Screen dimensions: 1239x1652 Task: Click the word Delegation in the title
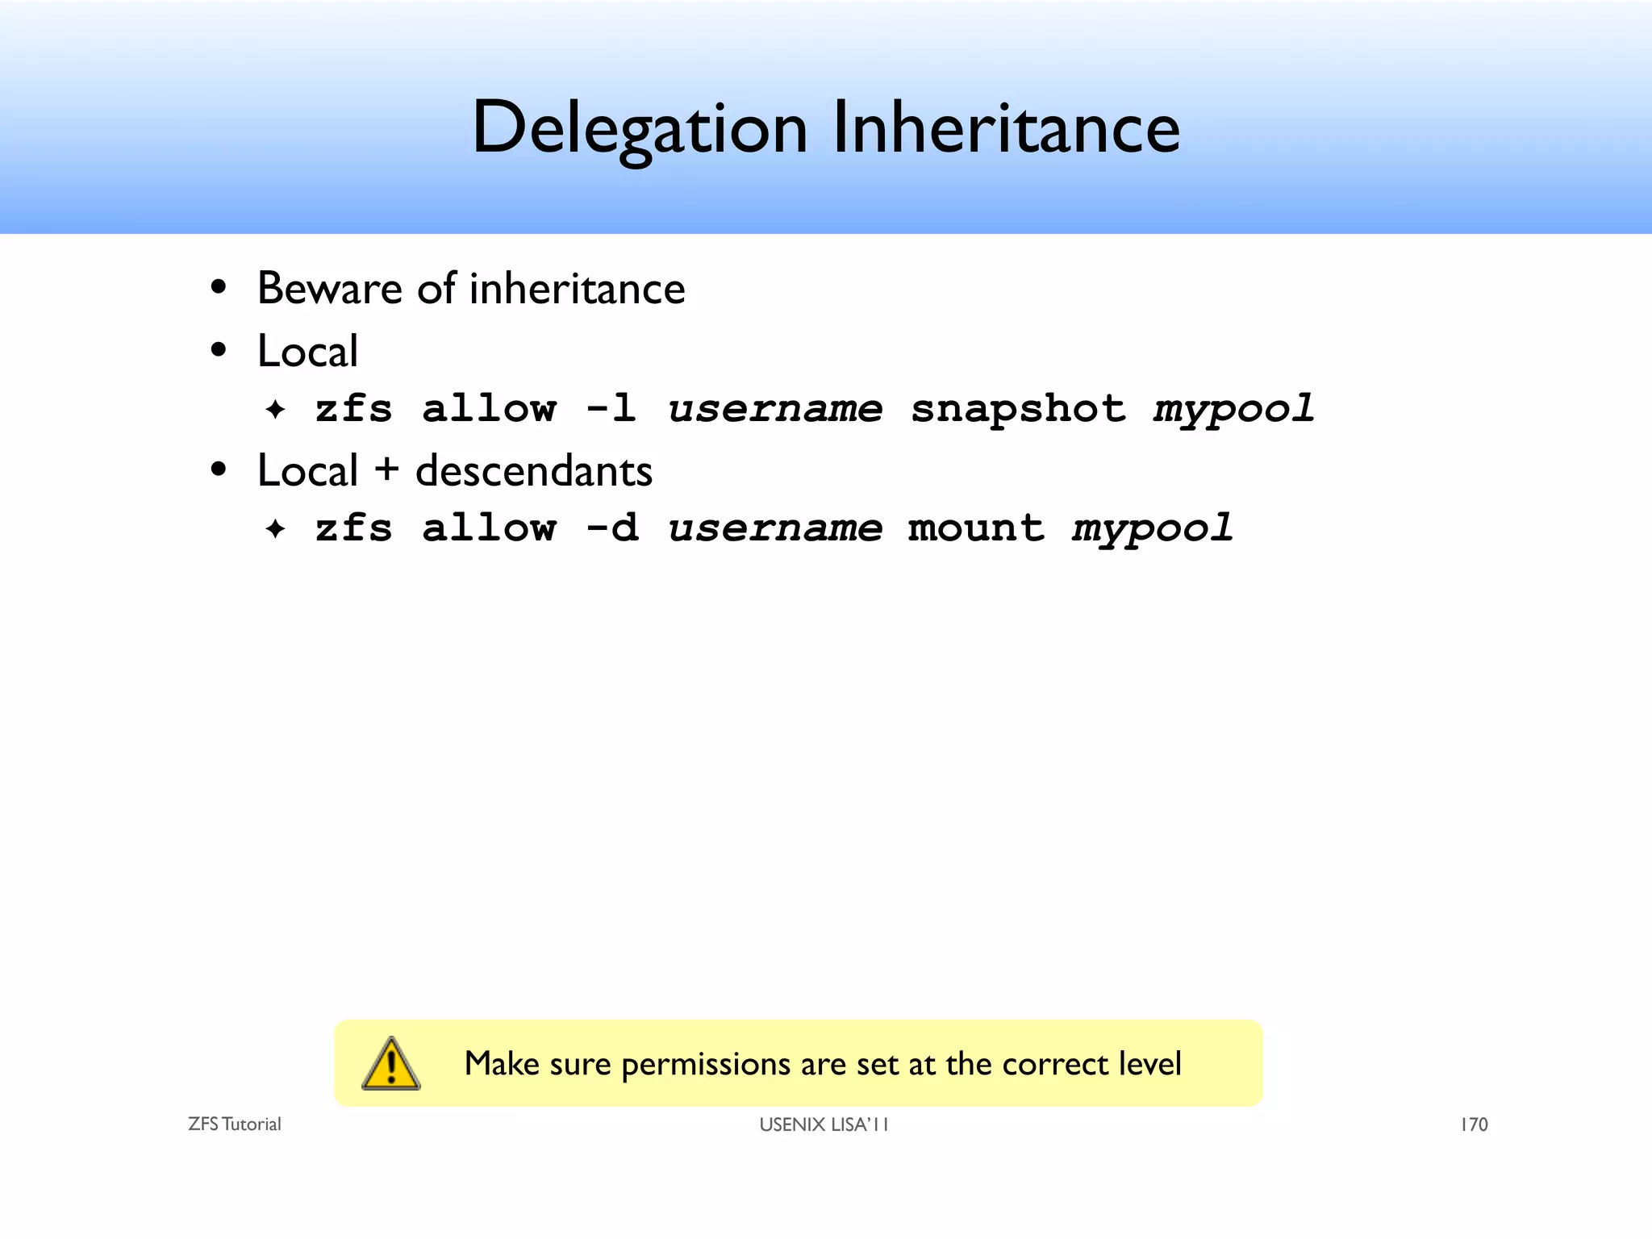tap(639, 129)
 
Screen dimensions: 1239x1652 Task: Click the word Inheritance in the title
tap(1006, 129)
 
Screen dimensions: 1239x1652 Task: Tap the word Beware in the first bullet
tap(329, 289)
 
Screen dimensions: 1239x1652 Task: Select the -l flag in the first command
tap(611, 408)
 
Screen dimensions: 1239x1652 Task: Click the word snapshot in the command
tap(1018, 408)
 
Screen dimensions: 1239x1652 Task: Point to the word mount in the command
tap(976, 528)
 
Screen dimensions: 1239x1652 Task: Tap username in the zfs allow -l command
tap(775, 408)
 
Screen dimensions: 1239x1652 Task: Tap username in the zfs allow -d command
tap(775, 528)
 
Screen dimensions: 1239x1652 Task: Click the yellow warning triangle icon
tap(391, 1064)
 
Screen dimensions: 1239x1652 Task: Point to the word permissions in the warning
tap(706, 1065)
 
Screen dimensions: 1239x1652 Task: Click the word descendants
tap(533, 470)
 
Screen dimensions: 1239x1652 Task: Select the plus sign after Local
tap(386, 470)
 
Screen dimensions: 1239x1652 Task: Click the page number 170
tap(1474, 1124)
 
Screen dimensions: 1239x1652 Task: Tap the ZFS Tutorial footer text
tap(234, 1124)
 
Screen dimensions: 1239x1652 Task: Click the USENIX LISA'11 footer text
tap(824, 1124)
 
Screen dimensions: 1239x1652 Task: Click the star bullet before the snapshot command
tap(275, 410)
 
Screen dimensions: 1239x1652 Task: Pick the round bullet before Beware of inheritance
tap(218, 288)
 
